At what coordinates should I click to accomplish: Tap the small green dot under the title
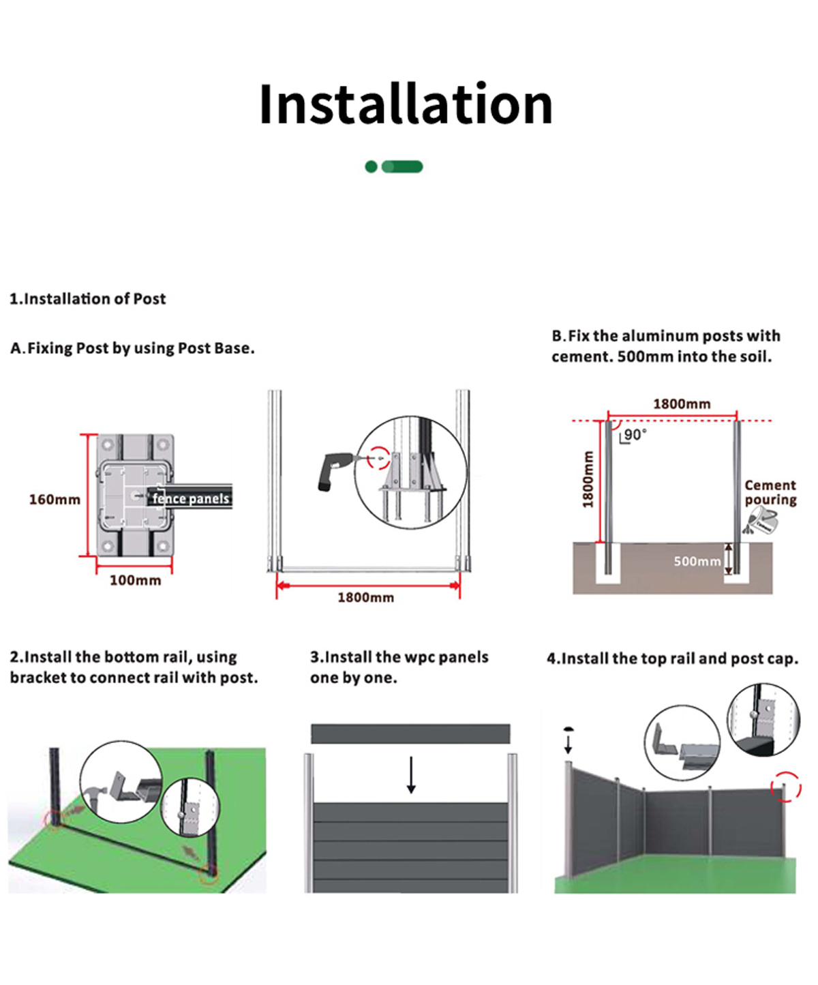pyautogui.click(x=372, y=166)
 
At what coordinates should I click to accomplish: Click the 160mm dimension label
pyautogui.click(x=55, y=500)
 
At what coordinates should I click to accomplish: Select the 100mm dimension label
pyautogui.click(x=136, y=580)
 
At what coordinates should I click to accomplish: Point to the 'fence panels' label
pyautogui.click(x=191, y=499)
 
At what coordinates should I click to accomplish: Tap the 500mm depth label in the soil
pyautogui.click(x=697, y=562)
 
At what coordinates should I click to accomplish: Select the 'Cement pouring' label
pyautogui.click(x=770, y=492)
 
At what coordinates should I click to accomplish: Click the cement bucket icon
pyautogui.click(x=761, y=521)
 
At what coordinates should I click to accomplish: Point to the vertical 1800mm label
pyautogui.click(x=588, y=479)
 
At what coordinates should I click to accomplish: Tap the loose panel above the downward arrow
pyautogui.click(x=410, y=734)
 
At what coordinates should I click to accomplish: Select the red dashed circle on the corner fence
pyautogui.click(x=786, y=787)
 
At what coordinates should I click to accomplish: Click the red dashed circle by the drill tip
pyautogui.click(x=379, y=457)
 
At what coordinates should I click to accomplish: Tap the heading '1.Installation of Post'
pyautogui.click(x=88, y=299)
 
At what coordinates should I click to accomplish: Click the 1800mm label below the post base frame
pyautogui.click(x=366, y=598)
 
